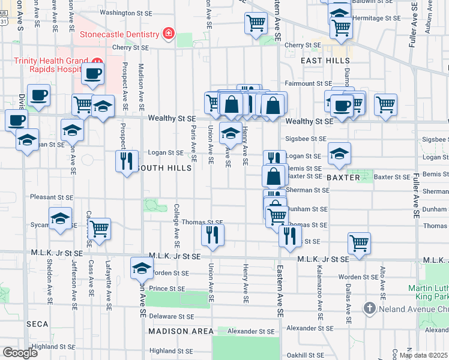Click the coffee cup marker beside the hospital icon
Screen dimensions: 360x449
(x=92, y=74)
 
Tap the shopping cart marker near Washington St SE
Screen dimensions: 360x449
(x=256, y=23)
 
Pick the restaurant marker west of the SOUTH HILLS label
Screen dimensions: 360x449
(x=127, y=161)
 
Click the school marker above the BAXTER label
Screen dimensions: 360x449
(x=339, y=154)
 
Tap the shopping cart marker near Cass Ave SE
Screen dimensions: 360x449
(x=99, y=229)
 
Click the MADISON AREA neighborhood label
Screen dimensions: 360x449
(x=181, y=331)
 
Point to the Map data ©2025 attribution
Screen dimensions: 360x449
(x=423, y=355)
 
